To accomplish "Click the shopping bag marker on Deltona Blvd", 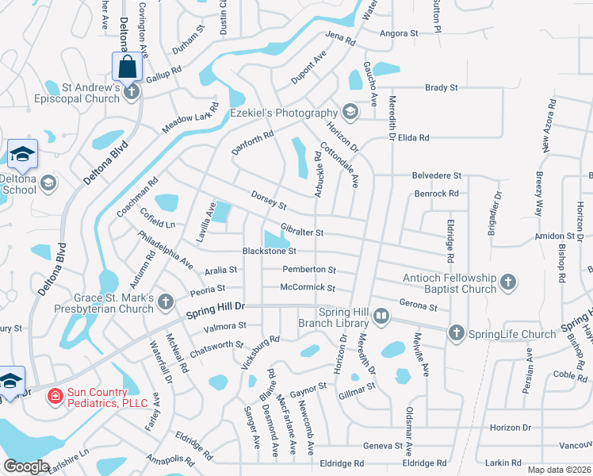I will tap(127, 67).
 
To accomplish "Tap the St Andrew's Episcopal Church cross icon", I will tap(132, 93).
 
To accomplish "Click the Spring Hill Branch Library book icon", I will tap(381, 317).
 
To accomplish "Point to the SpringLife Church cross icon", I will tap(456, 334).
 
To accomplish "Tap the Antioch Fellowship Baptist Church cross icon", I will tap(507, 282).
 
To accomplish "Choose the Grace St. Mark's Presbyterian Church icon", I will tap(165, 301).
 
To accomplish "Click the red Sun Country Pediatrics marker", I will tap(55, 396).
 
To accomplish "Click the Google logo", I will tap(26, 466).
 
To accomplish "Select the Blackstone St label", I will tap(269, 251).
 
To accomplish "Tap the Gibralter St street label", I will tap(302, 232).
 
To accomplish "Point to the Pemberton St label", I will tap(308, 270).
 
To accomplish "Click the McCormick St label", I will tap(308, 288).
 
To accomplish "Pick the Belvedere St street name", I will tap(436, 175).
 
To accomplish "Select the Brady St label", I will tap(442, 88).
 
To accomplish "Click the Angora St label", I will tap(398, 33).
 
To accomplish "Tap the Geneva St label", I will tap(383, 446).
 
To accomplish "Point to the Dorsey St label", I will tap(268, 201).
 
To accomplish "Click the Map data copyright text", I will tap(559, 470).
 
